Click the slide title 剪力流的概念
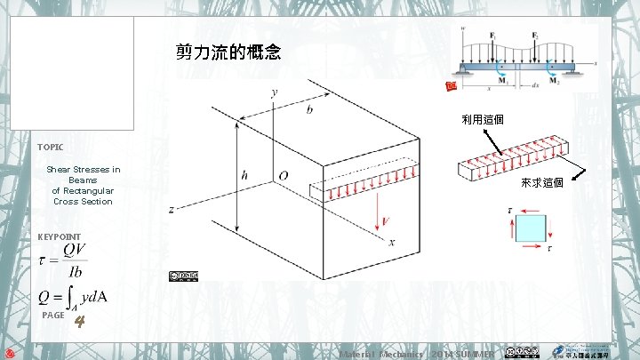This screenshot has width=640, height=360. (x=229, y=52)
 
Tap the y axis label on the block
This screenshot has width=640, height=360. (x=274, y=92)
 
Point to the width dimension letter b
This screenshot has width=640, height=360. (x=309, y=109)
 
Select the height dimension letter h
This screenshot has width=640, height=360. (x=244, y=176)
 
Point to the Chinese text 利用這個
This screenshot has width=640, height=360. (x=482, y=119)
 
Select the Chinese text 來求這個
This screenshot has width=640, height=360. (x=541, y=183)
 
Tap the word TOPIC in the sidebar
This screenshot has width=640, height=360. (x=51, y=146)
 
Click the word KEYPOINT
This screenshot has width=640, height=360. (x=60, y=237)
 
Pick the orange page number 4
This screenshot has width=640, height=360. (x=79, y=321)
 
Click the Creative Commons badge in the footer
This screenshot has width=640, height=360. (x=521, y=352)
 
